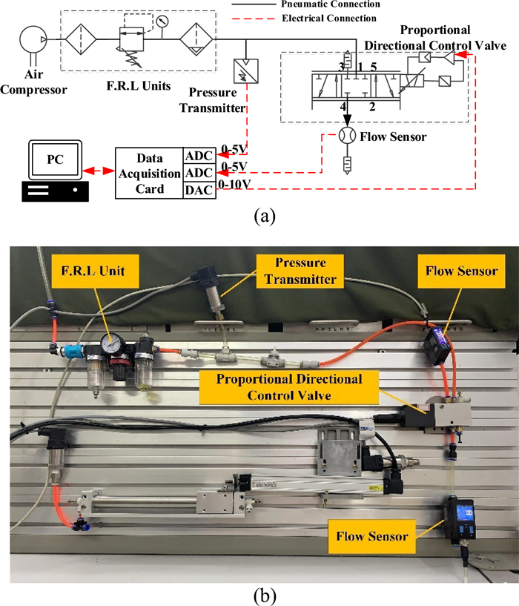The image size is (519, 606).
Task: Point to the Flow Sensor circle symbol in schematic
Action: coord(346,136)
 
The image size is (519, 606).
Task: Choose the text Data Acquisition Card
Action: coord(148,174)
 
